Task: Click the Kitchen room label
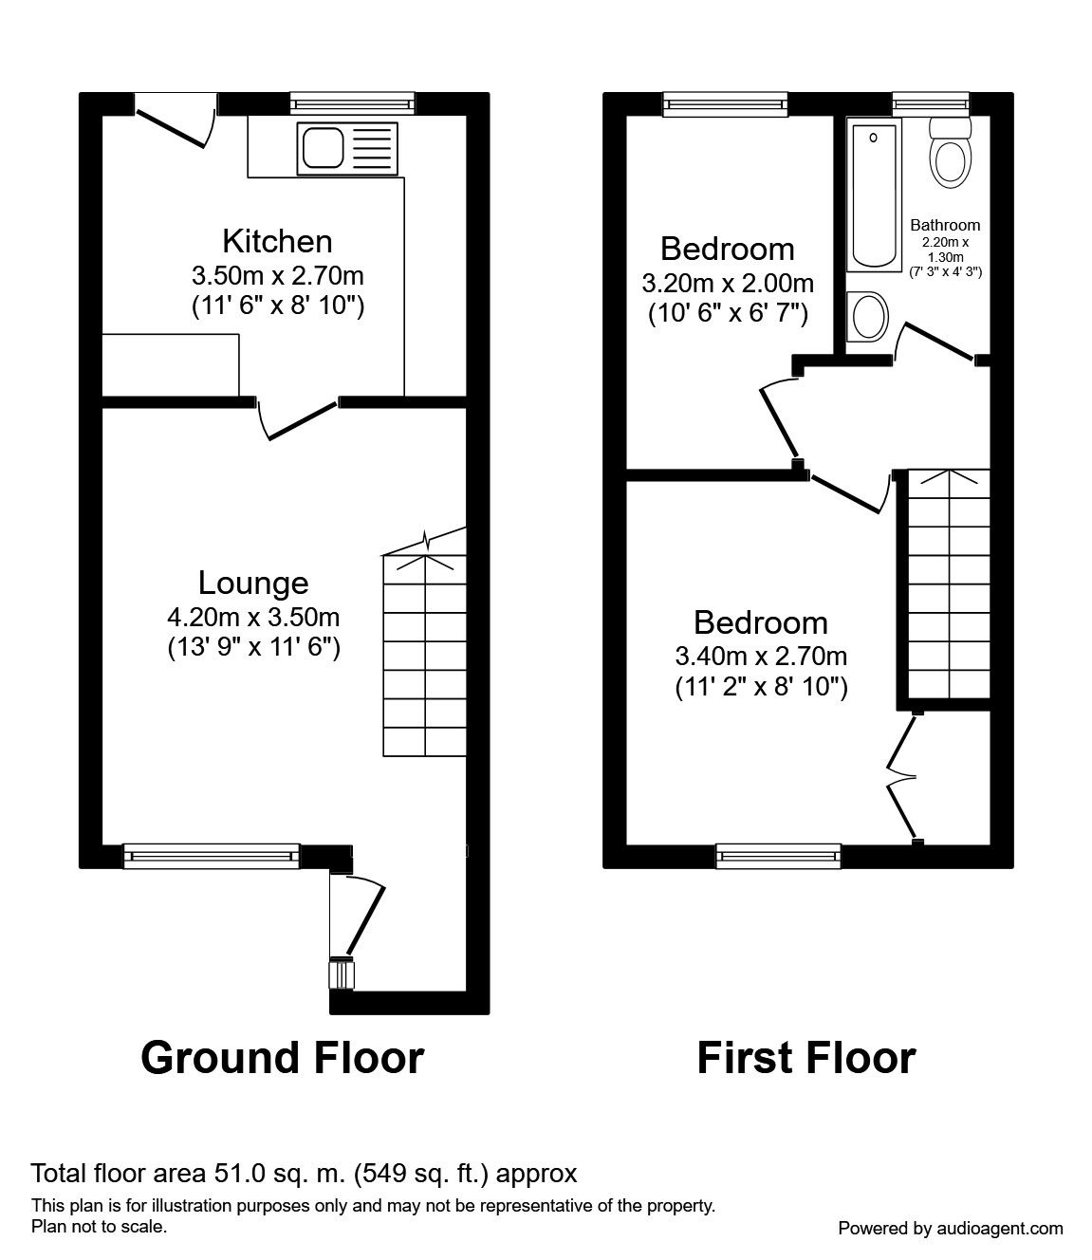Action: (277, 241)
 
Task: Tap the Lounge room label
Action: (253, 583)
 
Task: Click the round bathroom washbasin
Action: (866, 314)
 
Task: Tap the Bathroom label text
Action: (945, 226)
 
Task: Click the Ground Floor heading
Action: (282, 1057)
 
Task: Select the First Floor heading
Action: (806, 1057)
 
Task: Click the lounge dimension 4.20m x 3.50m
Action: (253, 618)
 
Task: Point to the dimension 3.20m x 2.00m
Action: (728, 283)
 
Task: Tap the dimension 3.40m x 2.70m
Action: (761, 656)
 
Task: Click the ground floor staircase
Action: (425, 655)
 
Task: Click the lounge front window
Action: (212, 856)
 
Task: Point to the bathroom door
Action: (936, 340)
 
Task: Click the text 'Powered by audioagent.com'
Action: (951, 1228)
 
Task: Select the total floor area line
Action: (304, 1174)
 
